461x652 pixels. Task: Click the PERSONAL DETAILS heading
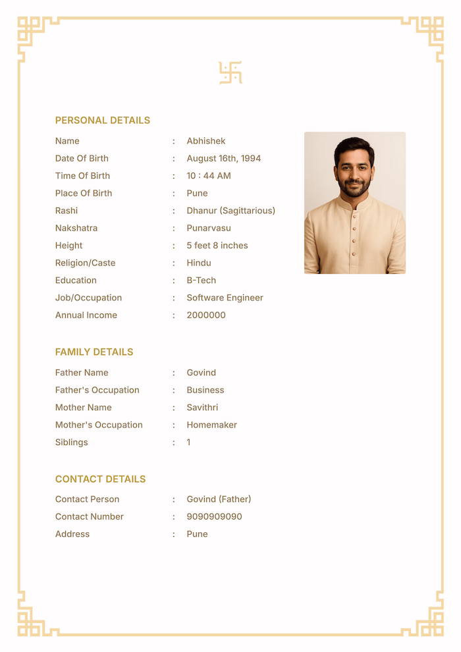pos(102,121)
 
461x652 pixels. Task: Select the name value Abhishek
pos(206,141)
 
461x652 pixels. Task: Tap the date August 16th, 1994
pos(223,159)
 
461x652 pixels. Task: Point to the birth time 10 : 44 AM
pos(209,176)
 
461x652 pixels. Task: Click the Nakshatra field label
pos(76,228)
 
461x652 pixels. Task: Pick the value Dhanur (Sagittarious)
pos(230,211)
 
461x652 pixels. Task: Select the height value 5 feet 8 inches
pos(217,246)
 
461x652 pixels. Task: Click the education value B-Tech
pos(201,281)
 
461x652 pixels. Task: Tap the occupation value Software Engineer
pos(225,298)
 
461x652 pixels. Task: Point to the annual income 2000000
pos(206,315)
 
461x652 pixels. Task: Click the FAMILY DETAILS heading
pos(94,352)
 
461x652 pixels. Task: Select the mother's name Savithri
pos(202,408)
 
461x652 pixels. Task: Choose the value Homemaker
pos(211,425)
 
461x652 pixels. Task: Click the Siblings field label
pos(72,443)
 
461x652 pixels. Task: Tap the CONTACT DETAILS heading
pos(100,479)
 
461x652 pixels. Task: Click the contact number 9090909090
pos(214,517)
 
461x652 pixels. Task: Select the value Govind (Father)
pos(219,499)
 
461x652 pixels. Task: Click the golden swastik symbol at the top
pos(230,73)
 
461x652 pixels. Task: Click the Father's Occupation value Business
pos(205,390)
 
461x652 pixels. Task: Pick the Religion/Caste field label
pos(85,263)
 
